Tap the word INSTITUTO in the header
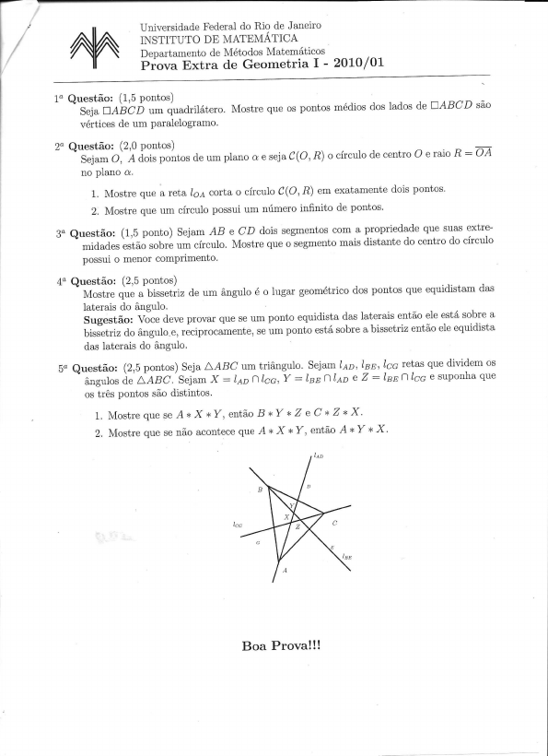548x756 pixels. tap(173, 39)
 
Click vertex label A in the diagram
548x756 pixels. tap(284, 571)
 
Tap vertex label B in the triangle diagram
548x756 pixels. tap(261, 490)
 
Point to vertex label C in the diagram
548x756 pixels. tap(334, 523)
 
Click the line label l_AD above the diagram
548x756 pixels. tap(318, 455)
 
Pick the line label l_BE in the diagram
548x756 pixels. tap(346, 557)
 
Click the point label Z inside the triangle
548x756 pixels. tap(297, 526)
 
